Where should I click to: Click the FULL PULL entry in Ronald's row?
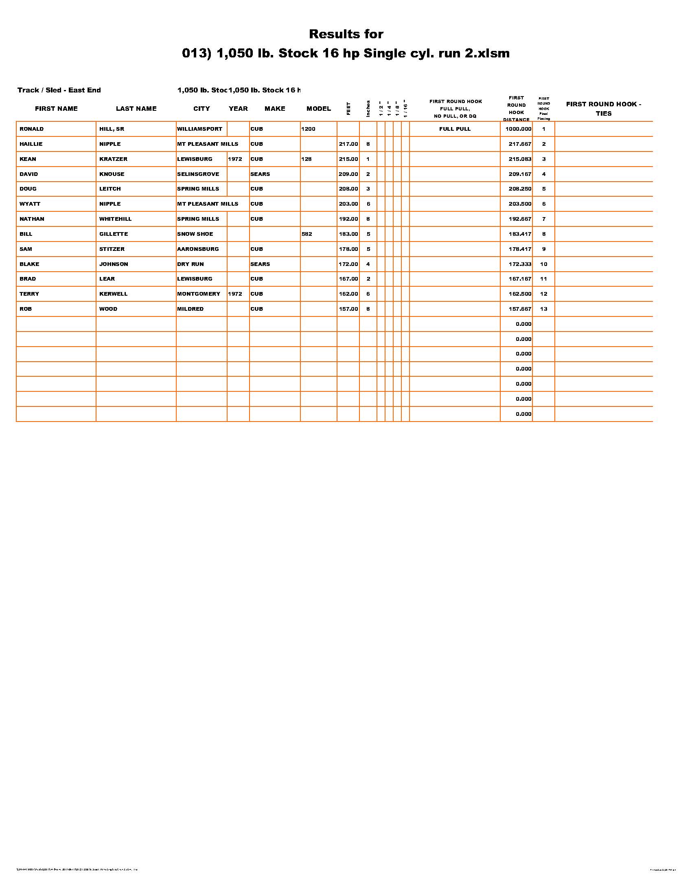click(x=455, y=129)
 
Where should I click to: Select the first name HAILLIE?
click(x=31, y=144)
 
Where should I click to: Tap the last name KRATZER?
click(x=113, y=159)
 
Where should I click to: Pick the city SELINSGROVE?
click(x=198, y=174)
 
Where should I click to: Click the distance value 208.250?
click(x=520, y=189)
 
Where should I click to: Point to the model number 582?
click(x=307, y=234)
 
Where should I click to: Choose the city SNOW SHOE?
click(x=195, y=234)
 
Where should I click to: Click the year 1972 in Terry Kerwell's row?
click(x=235, y=294)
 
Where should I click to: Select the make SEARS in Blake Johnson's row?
click(x=261, y=264)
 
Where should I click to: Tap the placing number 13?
click(x=543, y=309)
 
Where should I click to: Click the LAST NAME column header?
click(x=136, y=109)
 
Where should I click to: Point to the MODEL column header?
click(x=319, y=109)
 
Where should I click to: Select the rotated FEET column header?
click(x=348, y=108)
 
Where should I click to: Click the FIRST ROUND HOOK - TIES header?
click(x=603, y=109)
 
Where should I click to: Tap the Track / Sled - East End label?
click(x=59, y=90)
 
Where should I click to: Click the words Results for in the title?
click(x=346, y=34)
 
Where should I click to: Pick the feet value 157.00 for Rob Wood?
click(x=348, y=309)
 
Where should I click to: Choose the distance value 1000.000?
click(x=518, y=129)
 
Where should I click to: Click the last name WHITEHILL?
click(x=115, y=219)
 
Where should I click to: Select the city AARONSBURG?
click(x=198, y=249)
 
